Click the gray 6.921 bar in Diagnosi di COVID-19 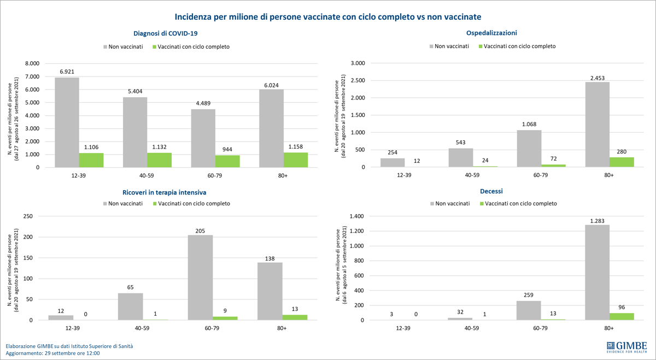click(x=67, y=122)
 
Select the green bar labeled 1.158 click(x=296, y=160)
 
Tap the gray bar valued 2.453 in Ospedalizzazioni click(x=597, y=125)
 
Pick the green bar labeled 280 click(x=622, y=162)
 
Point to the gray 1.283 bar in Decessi click(x=597, y=273)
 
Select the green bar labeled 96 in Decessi click(x=622, y=317)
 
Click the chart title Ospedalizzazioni click(x=491, y=33)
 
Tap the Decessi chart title click(x=491, y=191)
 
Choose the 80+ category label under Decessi click(x=608, y=328)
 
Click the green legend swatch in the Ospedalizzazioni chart click(x=481, y=46)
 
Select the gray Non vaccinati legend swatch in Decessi click(x=432, y=204)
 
